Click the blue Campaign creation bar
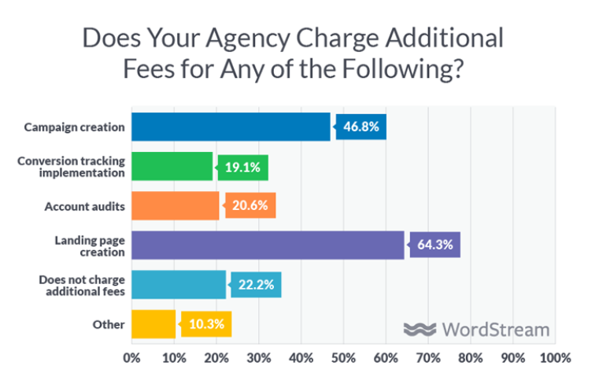231,127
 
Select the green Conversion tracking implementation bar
172,167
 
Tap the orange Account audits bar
175,205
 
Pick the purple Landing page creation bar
267,245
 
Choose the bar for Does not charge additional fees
178,284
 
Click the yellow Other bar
153,323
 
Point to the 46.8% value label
361,127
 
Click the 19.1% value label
243,167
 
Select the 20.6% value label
250,205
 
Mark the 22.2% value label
256,284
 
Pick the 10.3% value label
206,323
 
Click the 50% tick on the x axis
343,357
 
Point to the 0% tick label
131,357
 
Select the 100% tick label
555,357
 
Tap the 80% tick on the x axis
471,357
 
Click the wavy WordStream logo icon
420,329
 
